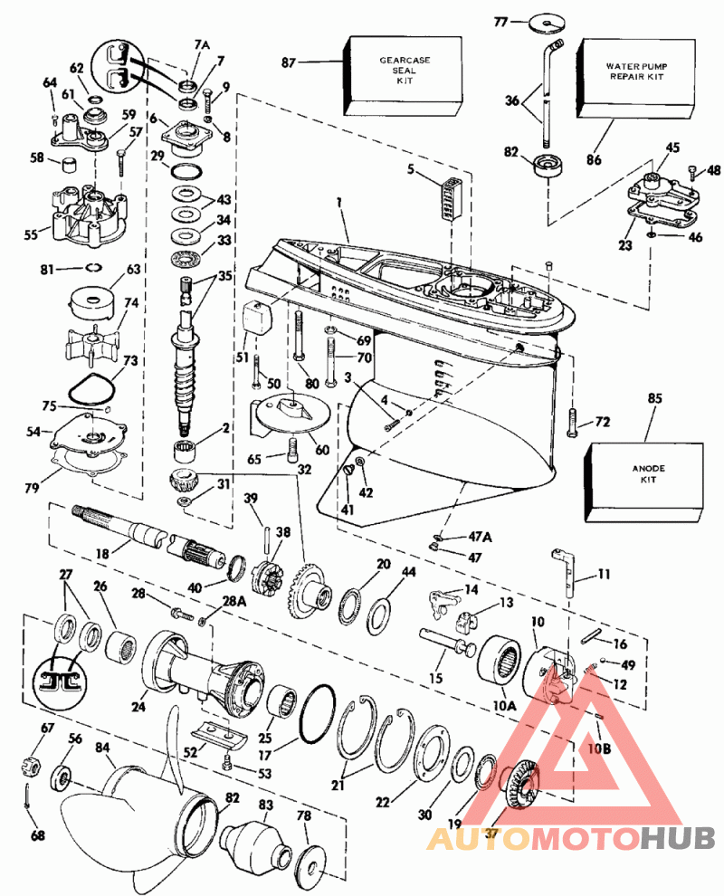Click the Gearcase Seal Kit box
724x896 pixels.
tap(403, 76)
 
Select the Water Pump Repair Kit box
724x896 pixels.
tap(636, 78)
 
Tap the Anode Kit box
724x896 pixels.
tap(645, 481)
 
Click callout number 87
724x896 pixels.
tap(289, 62)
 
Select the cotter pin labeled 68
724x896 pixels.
tap(27, 796)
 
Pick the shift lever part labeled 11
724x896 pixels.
tap(565, 571)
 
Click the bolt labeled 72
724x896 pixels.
tap(572, 423)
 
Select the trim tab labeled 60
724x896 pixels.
tap(291, 413)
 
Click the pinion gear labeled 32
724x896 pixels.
tap(184, 478)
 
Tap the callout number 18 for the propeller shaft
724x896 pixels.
tap(101, 554)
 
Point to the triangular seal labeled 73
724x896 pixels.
tap(92, 388)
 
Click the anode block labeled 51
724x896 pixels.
tap(257, 317)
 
